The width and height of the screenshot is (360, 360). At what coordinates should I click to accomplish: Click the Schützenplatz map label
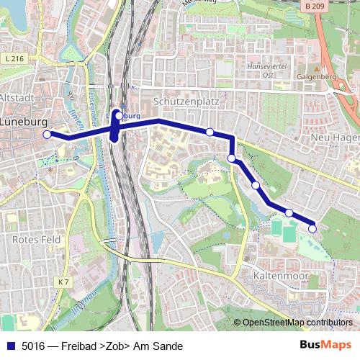point(186,102)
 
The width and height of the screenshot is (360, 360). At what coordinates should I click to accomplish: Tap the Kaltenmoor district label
point(281,276)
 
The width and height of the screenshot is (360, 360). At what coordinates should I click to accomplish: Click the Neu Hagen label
point(334,137)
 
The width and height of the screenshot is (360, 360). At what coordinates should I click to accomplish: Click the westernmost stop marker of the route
point(48,134)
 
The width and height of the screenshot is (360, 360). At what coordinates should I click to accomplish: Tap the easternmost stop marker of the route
point(312,229)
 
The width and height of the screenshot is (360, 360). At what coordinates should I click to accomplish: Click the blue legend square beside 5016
point(10,346)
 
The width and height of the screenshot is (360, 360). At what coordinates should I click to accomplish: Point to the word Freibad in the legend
point(80,346)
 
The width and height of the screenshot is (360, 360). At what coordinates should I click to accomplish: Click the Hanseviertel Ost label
point(267,69)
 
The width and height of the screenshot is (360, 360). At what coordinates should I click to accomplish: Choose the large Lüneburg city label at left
point(23,122)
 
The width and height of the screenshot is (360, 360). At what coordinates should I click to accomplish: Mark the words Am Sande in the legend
point(161,346)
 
